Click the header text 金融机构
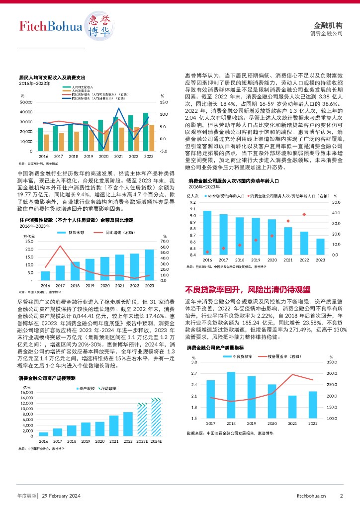[329, 25]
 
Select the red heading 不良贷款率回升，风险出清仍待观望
[248, 290]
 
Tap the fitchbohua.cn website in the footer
[311, 495]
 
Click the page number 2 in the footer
[342, 495]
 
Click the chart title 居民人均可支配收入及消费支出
[52, 78]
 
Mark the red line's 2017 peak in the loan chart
[60, 246]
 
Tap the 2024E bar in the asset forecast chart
[156, 417]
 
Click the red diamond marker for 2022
[304, 215]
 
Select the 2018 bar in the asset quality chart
[231, 395]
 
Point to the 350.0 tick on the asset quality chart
[332, 363]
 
